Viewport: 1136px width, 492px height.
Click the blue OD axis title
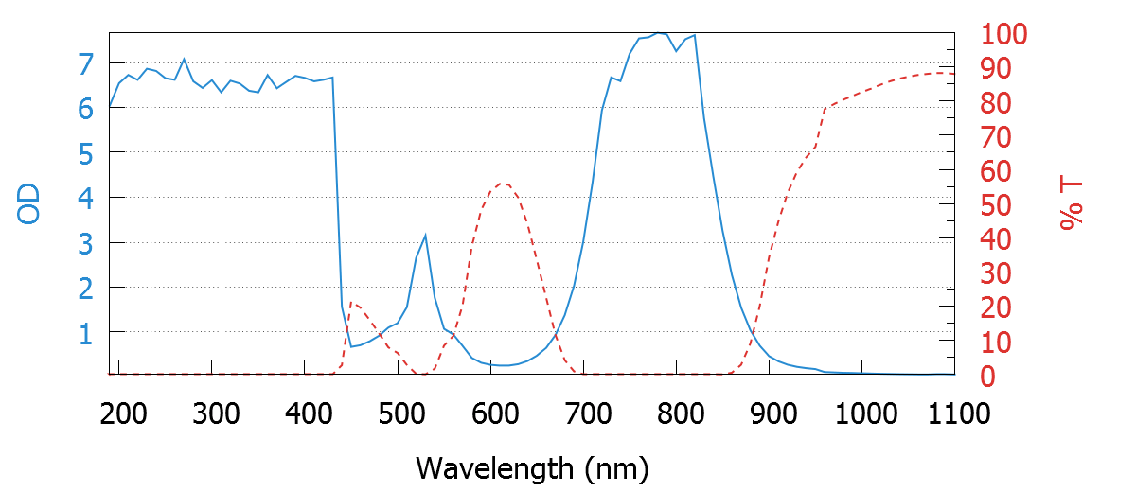[x=29, y=203]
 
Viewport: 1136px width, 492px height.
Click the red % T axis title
[x=1071, y=204]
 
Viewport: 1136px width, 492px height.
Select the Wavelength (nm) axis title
[x=532, y=467]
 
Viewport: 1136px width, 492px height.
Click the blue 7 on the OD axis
[x=86, y=64]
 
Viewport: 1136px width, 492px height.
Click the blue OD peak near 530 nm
[x=425, y=235]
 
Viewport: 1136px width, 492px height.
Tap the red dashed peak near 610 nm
[x=503, y=184]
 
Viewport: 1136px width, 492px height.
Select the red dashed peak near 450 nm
[x=351, y=302]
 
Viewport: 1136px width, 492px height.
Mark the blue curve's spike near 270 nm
[x=184, y=59]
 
